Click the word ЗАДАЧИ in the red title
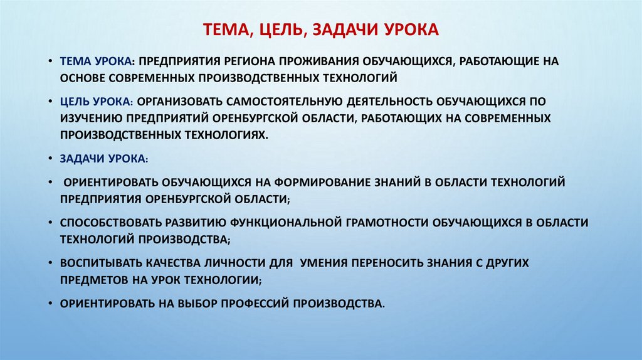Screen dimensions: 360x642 [340, 29]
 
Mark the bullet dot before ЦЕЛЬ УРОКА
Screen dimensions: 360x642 [50, 102]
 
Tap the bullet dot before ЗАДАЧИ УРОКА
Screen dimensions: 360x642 [50, 159]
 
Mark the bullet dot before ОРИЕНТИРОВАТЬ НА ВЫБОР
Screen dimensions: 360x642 [50, 304]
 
